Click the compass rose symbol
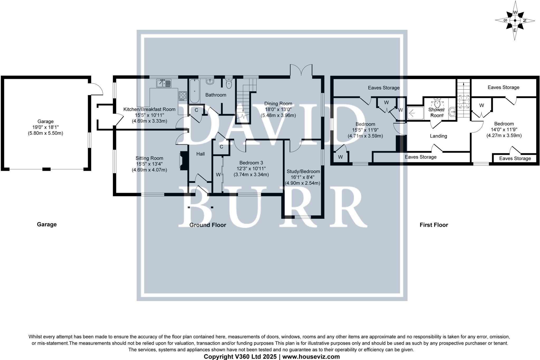click(515, 21)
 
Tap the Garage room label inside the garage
click(45, 121)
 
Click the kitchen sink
click(164, 83)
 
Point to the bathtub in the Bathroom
click(195, 91)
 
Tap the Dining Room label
click(278, 104)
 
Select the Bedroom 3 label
click(251, 163)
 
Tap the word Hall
click(200, 154)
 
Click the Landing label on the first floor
click(438, 136)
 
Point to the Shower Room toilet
click(437, 101)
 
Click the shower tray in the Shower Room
click(415, 113)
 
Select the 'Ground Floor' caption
click(208, 225)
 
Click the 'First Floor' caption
click(434, 225)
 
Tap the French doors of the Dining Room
click(301, 71)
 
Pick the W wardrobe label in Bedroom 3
click(218, 175)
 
